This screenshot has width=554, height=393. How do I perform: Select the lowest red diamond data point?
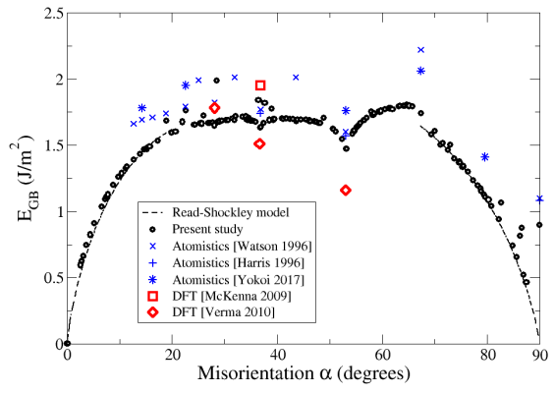tap(346, 190)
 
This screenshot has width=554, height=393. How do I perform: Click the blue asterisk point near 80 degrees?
tap(484, 156)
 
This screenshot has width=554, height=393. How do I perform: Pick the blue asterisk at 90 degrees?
tap(539, 198)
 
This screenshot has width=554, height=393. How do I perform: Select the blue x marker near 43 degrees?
tap(296, 77)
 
